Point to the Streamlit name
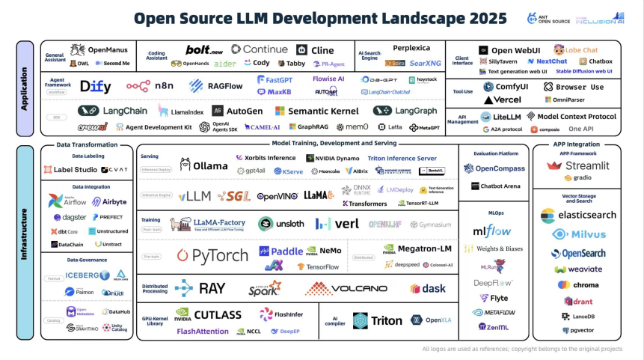[x=587, y=165]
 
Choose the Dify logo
[x=95, y=86]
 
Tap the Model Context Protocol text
[x=576, y=117]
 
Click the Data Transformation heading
[x=88, y=144]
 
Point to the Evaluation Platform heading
[x=497, y=153]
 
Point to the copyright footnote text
[x=522, y=349]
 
